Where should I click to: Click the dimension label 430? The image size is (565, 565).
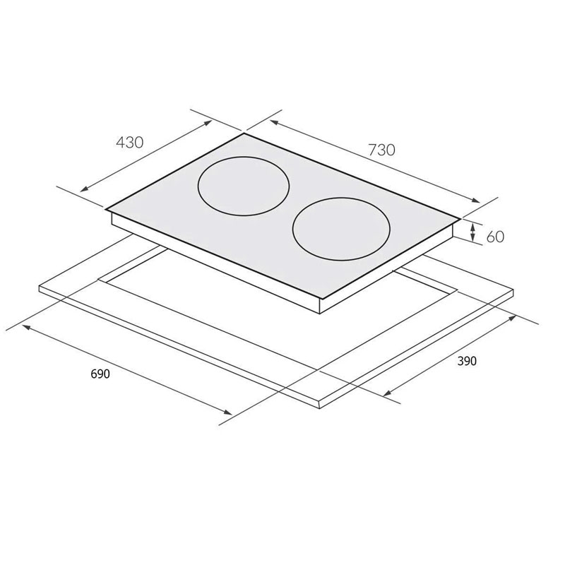click(129, 142)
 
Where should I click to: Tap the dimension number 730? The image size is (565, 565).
click(381, 149)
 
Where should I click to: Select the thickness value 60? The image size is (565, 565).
click(496, 236)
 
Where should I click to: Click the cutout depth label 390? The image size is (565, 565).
click(467, 362)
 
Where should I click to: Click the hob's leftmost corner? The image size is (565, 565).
click(105, 209)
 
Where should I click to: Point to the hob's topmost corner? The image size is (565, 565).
click(244, 133)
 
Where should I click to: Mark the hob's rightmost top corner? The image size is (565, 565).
click(462, 218)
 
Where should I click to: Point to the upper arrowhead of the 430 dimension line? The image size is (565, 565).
click(209, 121)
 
